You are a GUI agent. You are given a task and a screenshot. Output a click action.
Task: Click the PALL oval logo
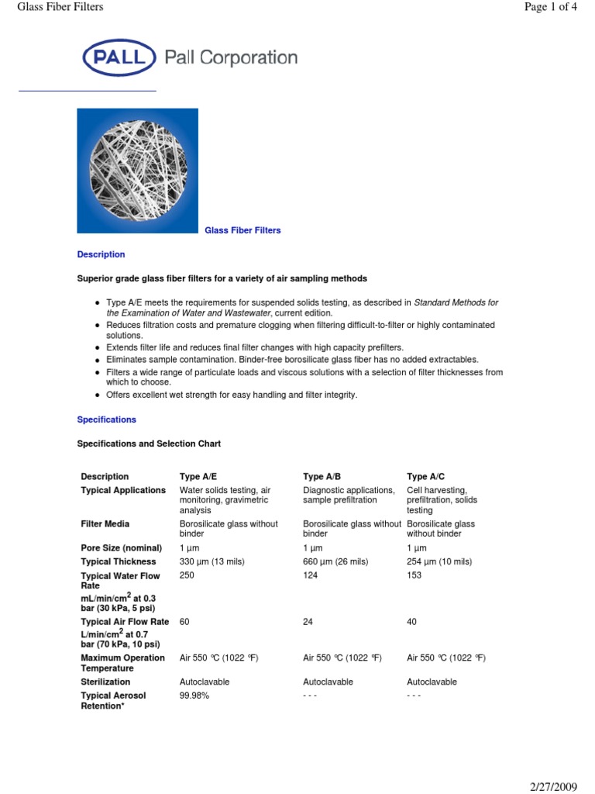pyautogui.click(x=119, y=58)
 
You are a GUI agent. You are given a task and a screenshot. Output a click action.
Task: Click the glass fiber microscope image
pyautogui.click(x=137, y=171)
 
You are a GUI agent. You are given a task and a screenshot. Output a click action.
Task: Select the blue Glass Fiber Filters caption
pyautogui.click(x=242, y=230)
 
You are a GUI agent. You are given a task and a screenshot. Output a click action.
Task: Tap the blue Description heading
pyautogui.click(x=101, y=254)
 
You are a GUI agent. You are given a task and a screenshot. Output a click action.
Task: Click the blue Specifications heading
pyautogui.click(x=106, y=419)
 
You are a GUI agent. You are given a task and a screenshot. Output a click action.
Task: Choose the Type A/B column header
pyautogui.click(x=322, y=476)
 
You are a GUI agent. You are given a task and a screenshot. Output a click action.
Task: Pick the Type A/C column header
pyautogui.click(x=426, y=476)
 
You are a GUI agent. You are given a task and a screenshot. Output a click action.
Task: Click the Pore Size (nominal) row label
pyautogui.click(x=118, y=547)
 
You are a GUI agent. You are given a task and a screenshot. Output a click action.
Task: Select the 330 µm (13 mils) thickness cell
pyautogui.click(x=218, y=561)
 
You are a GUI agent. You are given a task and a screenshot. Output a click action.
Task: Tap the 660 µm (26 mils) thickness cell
pyautogui.click(x=341, y=561)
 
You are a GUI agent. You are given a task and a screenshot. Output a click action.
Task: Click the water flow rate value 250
pyautogui.click(x=187, y=575)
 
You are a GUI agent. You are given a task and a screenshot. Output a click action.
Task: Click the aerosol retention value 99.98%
pyautogui.click(x=194, y=696)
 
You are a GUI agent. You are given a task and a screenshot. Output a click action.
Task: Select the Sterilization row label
pyautogui.click(x=105, y=682)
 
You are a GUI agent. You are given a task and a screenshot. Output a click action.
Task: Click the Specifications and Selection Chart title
pyautogui.click(x=149, y=444)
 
